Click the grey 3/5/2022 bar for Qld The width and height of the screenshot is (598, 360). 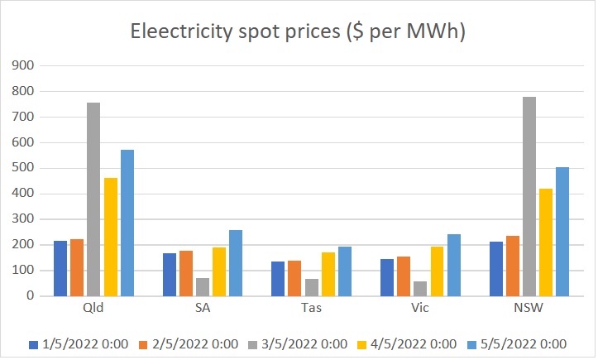93,199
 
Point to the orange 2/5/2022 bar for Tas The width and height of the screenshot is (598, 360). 295,278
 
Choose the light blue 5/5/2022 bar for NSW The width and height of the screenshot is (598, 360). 562,232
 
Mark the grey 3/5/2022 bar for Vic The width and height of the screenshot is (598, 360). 420,288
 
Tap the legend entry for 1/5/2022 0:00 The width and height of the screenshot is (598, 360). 79,344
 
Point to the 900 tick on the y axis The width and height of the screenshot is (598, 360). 26,65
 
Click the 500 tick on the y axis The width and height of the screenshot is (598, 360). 26,168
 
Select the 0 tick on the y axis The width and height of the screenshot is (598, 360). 32,295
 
